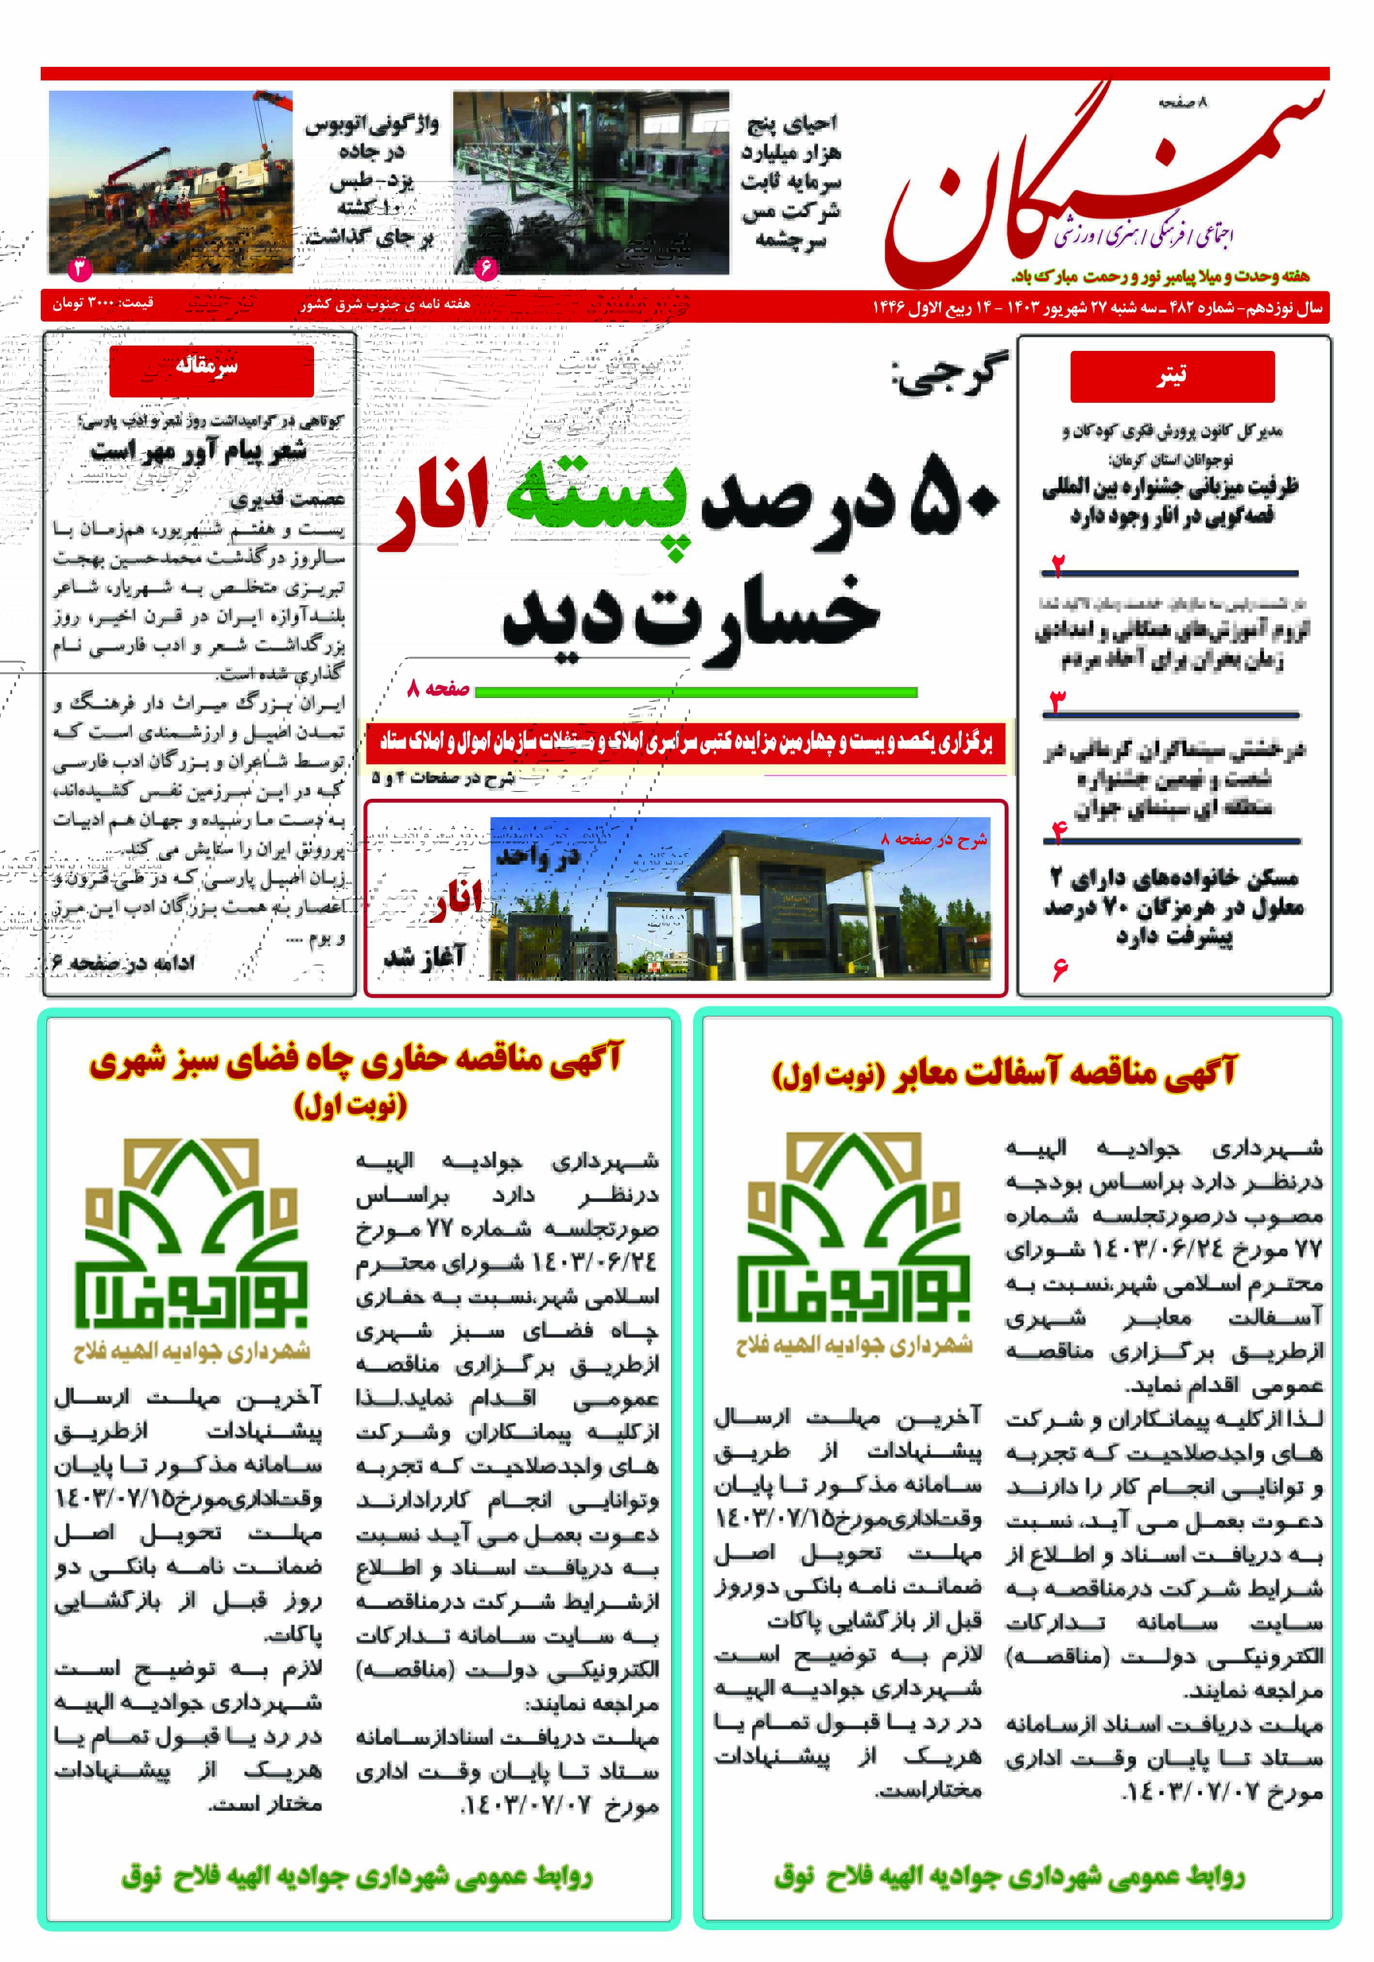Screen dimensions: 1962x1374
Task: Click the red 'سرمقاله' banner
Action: click(211, 369)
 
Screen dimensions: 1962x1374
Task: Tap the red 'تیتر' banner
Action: click(1171, 376)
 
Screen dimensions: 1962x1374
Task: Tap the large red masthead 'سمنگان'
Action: click(1102, 184)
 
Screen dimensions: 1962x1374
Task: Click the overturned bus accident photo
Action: click(171, 182)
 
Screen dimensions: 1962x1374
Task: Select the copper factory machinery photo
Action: click(591, 182)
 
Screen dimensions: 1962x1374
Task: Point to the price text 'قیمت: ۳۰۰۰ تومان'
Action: click(103, 304)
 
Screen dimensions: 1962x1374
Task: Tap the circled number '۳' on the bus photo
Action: click(79, 269)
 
